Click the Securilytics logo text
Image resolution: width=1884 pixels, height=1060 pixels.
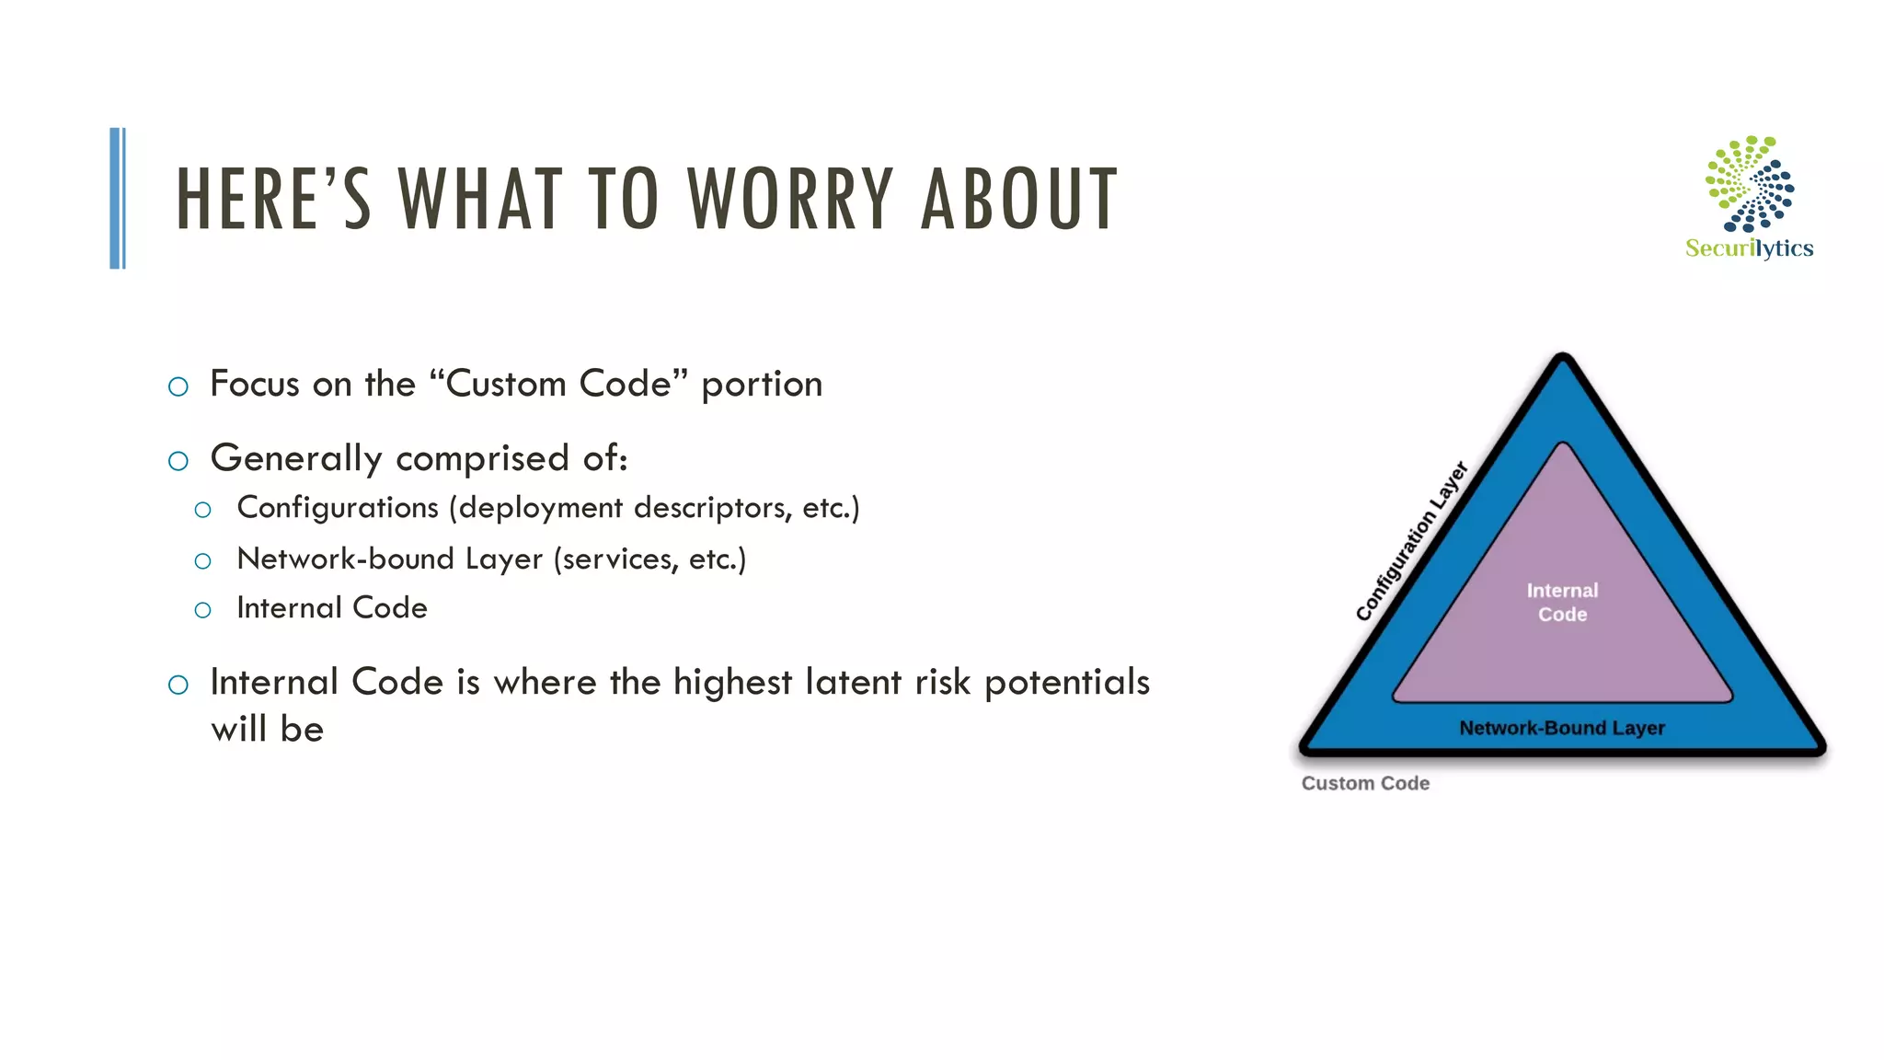point(1749,248)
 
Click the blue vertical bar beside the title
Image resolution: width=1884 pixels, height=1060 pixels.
point(117,198)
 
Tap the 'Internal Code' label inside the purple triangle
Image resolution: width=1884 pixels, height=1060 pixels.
point(1562,602)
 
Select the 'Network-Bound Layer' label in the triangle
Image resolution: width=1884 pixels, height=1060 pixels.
point(1562,728)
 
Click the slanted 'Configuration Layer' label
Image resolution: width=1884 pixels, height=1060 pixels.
point(1412,541)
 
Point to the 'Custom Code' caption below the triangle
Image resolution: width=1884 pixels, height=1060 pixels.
point(1365,783)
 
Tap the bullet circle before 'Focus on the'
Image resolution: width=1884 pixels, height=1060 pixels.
point(178,386)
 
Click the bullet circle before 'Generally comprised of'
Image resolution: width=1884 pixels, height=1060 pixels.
point(178,461)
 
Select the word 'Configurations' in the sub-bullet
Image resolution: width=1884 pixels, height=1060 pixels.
point(338,508)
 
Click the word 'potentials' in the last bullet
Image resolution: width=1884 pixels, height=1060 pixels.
point(1067,683)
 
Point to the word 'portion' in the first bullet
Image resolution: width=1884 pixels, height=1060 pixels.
point(762,385)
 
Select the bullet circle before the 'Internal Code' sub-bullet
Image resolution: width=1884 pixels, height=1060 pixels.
point(203,610)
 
